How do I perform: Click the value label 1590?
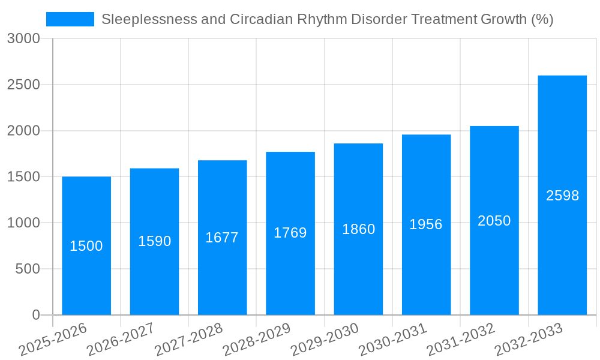155,241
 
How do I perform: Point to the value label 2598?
562,196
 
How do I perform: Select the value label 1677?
222,238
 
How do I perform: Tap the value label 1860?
358,229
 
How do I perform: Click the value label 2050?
494,221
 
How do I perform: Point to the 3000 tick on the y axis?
23,39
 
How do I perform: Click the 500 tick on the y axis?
28,269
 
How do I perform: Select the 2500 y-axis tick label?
23,85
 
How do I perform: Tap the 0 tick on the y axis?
35,315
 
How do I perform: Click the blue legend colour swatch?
70,19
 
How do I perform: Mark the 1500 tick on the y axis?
23,177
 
